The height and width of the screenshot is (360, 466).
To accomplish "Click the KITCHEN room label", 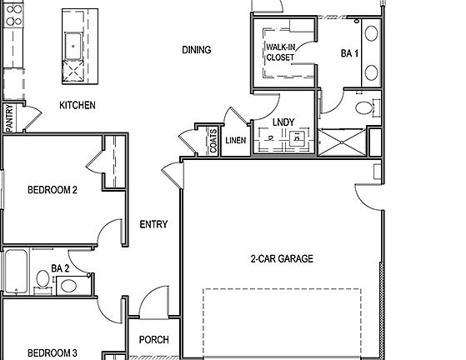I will (77, 106).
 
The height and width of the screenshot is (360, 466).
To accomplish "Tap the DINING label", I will (196, 50).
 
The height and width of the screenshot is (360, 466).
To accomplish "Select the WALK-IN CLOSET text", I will (281, 52).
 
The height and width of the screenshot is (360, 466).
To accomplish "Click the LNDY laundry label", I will (283, 122).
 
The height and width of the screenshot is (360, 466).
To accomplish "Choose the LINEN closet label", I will (236, 140).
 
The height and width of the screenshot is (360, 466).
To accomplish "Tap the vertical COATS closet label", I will (213, 141).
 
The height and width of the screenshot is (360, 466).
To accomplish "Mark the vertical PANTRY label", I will (8, 117).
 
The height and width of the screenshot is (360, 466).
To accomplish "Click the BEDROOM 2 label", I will (53, 190).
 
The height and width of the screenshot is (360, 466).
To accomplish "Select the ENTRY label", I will (154, 224).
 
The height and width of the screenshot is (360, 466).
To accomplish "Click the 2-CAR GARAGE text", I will (282, 259).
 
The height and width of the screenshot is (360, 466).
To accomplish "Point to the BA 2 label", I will (59, 268).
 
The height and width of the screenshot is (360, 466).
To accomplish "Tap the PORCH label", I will (154, 340).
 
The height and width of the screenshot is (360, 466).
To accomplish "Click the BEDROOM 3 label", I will (53, 352).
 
